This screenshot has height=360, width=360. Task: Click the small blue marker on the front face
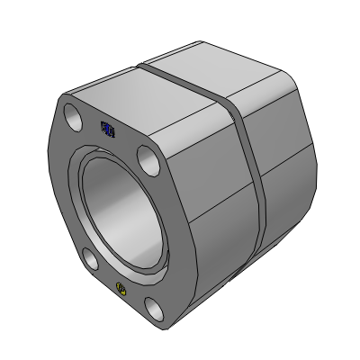(x=105, y=130)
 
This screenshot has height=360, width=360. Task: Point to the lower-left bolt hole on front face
(x=90, y=262)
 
